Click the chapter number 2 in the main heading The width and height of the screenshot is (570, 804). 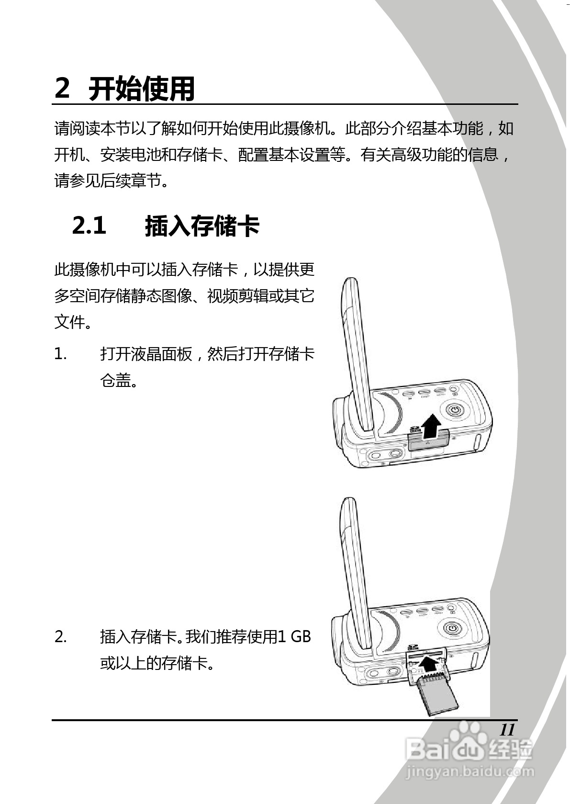[62, 89]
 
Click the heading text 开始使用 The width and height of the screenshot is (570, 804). [142, 89]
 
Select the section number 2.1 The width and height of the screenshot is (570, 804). [89, 226]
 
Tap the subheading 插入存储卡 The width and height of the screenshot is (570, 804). [202, 226]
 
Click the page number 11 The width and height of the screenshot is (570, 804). [507, 730]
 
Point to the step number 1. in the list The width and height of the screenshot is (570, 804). [60, 354]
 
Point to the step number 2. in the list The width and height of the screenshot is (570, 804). [61, 637]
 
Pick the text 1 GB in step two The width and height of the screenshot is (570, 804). [294, 637]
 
